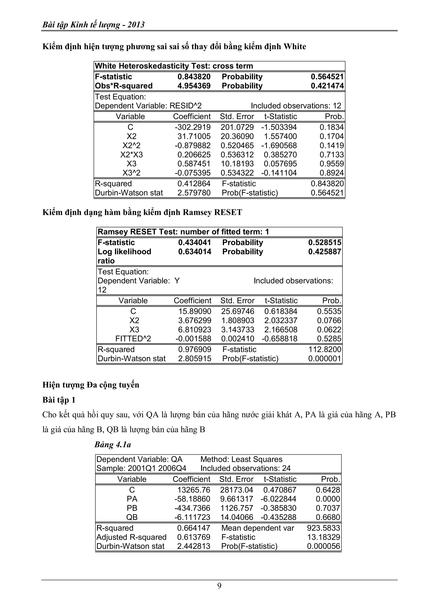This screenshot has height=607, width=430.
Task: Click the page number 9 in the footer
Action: pos(219,586)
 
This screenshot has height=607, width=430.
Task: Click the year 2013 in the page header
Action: pos(136,25)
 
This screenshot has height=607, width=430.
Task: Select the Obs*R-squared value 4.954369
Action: pos(194,86)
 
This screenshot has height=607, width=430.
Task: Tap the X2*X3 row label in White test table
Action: pos(131,155)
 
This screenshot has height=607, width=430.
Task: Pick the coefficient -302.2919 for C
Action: pos(193,127)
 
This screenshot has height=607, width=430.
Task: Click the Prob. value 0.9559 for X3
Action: pos(332,164)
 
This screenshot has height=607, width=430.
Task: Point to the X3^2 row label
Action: pos(131,173)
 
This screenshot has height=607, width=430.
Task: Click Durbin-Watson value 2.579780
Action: pos(194,193)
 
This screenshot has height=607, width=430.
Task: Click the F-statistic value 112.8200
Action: pos(325,349)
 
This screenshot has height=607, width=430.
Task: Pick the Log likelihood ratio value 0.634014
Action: pos(195,252)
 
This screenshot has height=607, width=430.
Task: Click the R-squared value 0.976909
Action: pos(195,349)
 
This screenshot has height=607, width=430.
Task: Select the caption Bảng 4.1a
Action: pos(113,445)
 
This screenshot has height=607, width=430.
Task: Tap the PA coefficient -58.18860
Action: pos(192,499)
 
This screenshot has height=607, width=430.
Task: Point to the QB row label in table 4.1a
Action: pos(132,517)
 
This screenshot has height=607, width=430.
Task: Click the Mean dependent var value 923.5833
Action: pos(323,528)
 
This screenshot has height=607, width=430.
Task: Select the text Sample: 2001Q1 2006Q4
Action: pos(141,468)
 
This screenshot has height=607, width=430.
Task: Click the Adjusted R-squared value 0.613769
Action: pos(194,537)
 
